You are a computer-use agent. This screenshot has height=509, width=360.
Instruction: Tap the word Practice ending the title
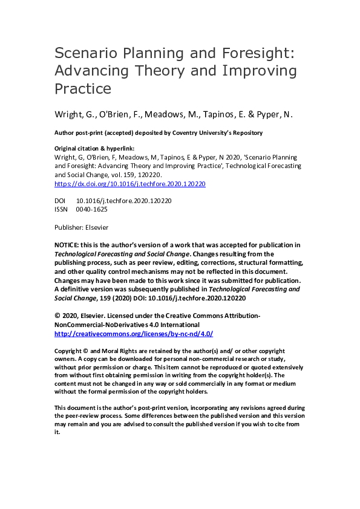pyautogui.click(x=83, y=89)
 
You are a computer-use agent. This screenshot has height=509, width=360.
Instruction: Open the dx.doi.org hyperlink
pyautogui.click(x=130, y=184)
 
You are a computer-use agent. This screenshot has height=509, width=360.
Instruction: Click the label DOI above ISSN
pyautogui.click(x=61, y=200)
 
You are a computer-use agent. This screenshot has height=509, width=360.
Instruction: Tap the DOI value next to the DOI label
pyautogui.click(x=124, y=200)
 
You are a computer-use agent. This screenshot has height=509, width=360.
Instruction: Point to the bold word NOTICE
pyautogui.click(x=69, y=245)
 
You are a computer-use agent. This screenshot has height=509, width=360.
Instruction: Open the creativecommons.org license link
pyautogui.click(x=134, y=334)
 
